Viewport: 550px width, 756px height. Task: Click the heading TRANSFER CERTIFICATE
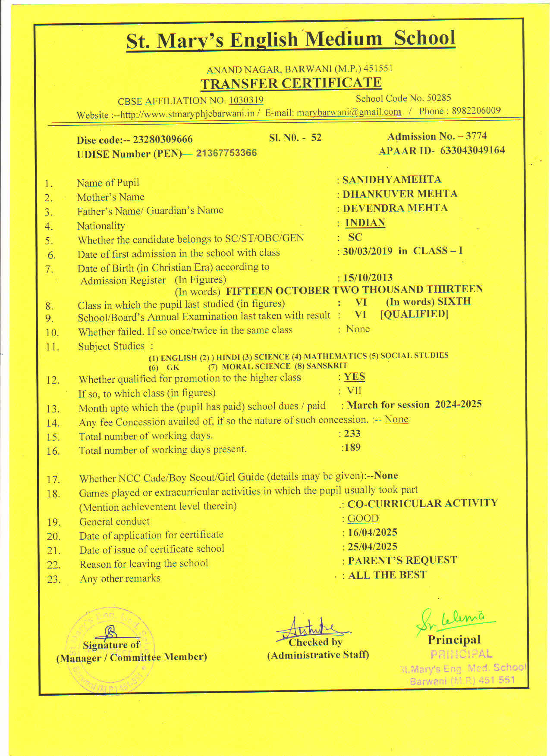coord(291,83)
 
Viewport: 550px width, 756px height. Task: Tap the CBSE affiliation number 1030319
coord(246,100)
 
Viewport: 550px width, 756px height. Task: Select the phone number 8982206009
coord(474,111)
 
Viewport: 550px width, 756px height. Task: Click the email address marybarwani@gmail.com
coord(349,112)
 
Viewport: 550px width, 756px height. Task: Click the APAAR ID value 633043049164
coord(472,150)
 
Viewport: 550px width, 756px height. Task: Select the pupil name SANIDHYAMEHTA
coord(392,179)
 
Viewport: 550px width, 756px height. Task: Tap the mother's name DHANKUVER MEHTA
coord(400,194)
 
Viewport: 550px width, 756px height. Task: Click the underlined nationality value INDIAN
coord(365,223)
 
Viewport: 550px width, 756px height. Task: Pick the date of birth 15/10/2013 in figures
coord(368,278)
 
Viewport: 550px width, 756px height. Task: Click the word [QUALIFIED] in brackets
coord(414,314)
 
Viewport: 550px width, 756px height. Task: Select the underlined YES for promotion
coord(355,377)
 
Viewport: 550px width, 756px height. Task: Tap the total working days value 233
coord(352,434)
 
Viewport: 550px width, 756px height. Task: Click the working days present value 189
coord(352,447)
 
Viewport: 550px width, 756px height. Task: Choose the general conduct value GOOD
coord(363,519)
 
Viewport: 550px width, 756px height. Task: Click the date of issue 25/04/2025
coord(372,547)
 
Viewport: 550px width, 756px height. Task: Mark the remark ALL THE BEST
coord(387,575)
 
